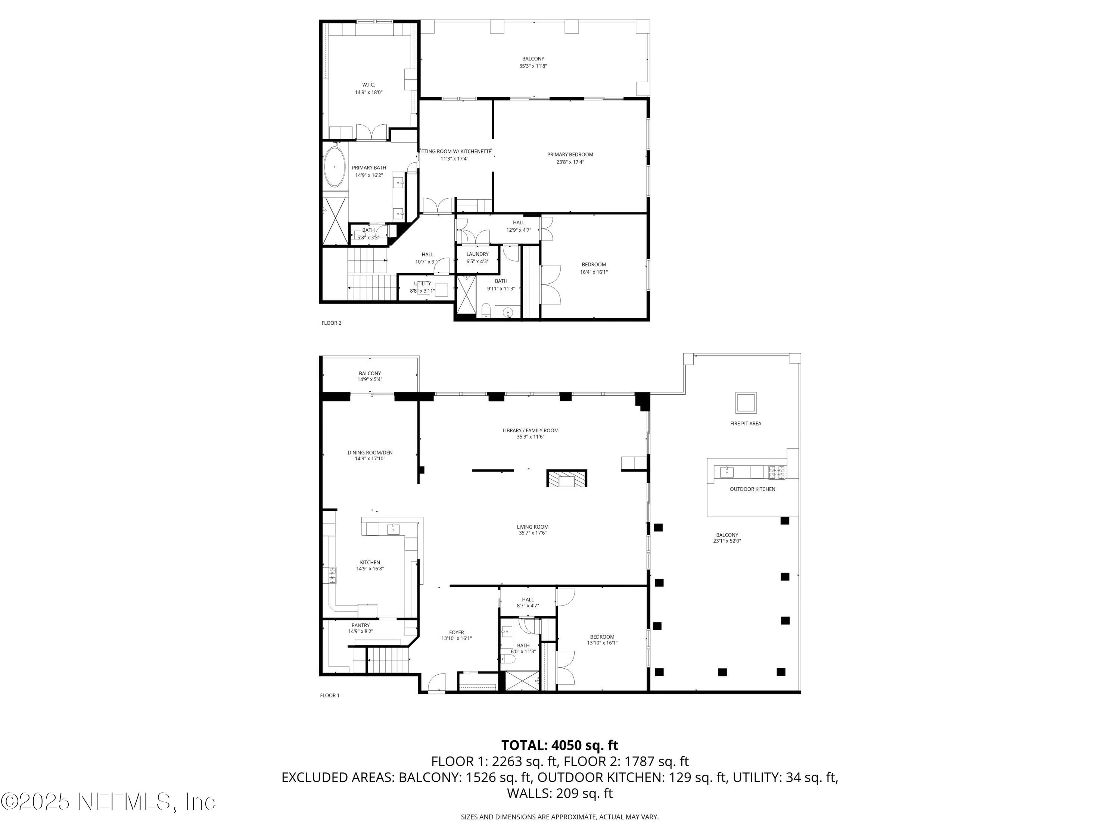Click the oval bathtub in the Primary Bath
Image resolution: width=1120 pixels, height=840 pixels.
[x=335, y=167]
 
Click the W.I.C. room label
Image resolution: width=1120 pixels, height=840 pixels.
[x=368, y=84]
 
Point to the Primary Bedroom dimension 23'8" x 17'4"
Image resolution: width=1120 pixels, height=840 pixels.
[x=570, y=162]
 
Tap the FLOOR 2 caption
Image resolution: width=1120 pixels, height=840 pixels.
[x=331, y=323]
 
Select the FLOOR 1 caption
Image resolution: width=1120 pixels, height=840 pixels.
[x=330, y=695]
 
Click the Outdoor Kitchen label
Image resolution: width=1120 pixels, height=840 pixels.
[x=752, y=489]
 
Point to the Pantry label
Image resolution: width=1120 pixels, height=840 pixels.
[x=361, y=625]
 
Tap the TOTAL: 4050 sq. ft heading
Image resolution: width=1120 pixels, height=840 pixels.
[x=560, y=745]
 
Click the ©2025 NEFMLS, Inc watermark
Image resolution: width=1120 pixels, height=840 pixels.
[x=108, y=802]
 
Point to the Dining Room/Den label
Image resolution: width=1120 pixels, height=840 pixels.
[x=370, y=452]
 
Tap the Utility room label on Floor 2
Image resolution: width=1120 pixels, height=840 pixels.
[x=422, y=283]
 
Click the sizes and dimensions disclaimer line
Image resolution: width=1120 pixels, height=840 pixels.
[x=560, y=817]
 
